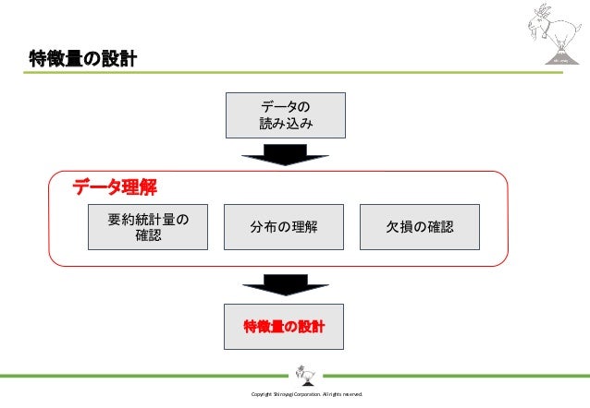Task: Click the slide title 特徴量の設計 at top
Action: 82,60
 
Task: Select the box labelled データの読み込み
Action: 286,114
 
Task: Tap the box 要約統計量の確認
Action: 147,227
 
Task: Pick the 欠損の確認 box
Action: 420,227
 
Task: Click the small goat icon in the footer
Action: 304,375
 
